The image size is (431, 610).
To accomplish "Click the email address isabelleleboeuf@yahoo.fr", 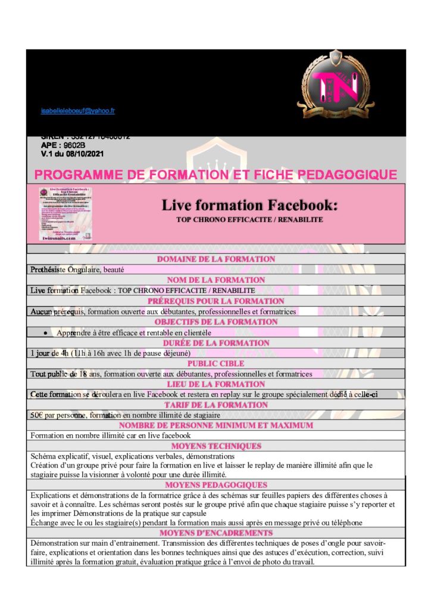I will [x=78, y=111].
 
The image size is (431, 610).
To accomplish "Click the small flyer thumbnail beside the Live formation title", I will [x=65, y=213].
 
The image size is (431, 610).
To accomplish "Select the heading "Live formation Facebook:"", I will [x=249, y=206].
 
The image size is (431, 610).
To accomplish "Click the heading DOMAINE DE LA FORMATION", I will [x=215, y=259].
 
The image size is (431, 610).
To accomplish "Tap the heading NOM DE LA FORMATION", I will [x=215, y=280].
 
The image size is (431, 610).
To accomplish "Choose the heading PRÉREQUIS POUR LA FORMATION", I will [x=215, y=301].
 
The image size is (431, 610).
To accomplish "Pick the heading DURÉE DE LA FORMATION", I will [x=215, y=343].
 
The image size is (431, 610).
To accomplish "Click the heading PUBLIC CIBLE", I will [x=215, y=363].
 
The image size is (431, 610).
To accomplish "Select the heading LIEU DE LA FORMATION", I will [x=215, y=384].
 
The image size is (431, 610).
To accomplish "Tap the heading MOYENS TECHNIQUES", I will [x=215, y=446].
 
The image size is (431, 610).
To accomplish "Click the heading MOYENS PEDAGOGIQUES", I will [x=215, y=485].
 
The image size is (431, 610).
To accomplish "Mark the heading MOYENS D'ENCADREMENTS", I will [x=215, y=533].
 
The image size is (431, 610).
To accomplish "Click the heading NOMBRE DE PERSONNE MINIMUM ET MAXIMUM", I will [x=215, y=425].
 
